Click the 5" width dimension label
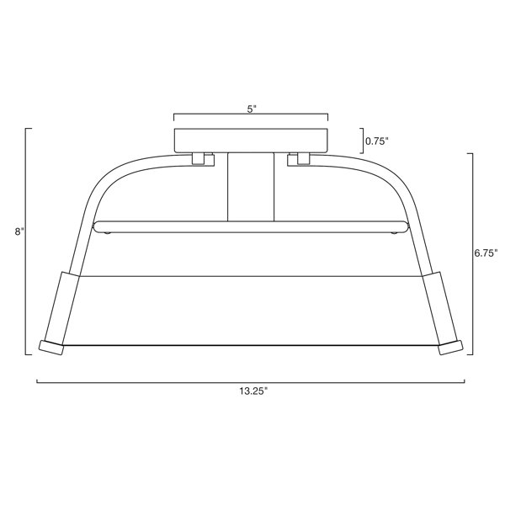[x=251, y=109]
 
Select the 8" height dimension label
[x=19, y=232]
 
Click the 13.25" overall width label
[x=253, y=391]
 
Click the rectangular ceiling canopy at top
[x=251, y=141]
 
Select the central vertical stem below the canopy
[x=251, y=187]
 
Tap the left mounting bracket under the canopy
[x=203, y=159]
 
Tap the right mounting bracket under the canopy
[x=299, y=159]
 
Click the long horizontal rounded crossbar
[x=251, y=226]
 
